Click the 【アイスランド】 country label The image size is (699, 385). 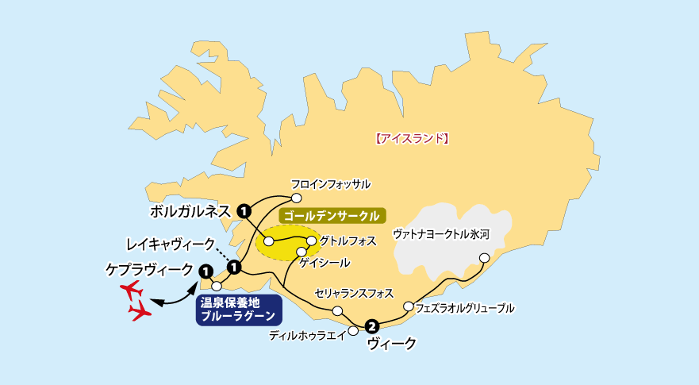coord(412,138)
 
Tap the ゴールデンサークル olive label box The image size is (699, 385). coord(332,215)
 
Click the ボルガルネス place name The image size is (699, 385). coord(190,211)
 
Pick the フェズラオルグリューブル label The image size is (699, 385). coord(464,307)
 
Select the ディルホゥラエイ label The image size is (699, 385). coord(307,336)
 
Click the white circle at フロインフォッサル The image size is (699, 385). coord(296,198)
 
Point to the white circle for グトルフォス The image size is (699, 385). coord(311,240)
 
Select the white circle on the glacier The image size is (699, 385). coord(484,257)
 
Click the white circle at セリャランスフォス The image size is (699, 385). coord(338,310)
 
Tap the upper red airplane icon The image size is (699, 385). coord(131,290)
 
